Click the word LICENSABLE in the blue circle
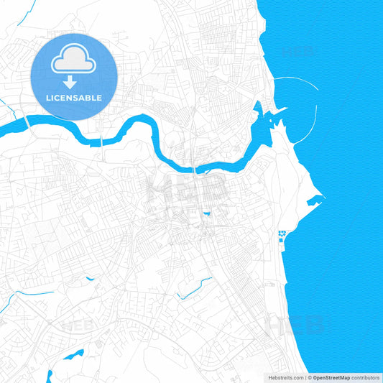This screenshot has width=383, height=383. (74, 98)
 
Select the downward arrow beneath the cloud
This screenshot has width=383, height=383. (70, 83)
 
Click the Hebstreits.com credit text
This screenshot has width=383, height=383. (281, 377)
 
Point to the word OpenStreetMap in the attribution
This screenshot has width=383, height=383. (331, 377)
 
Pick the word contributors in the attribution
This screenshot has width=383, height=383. (366, 377)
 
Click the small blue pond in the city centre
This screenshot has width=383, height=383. (207, 213)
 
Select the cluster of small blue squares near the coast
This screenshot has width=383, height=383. (281, 235)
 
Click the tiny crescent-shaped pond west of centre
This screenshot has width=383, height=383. (89, 278)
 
